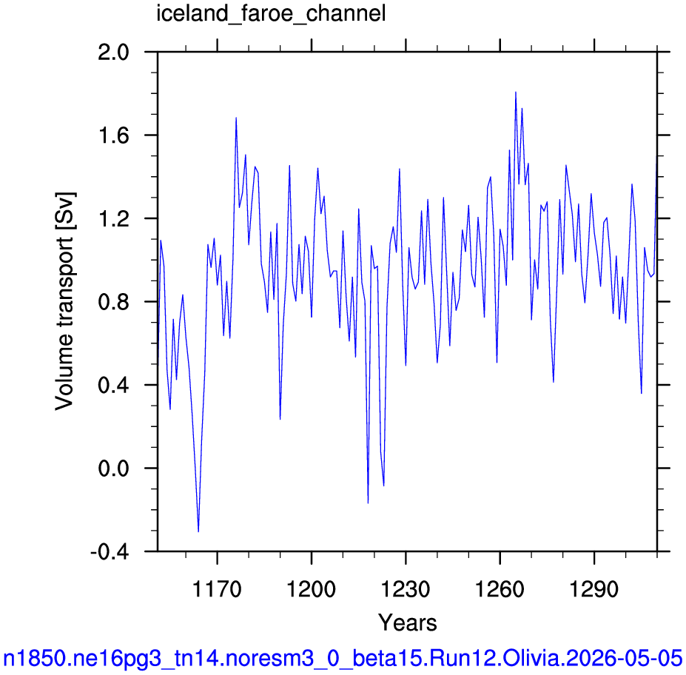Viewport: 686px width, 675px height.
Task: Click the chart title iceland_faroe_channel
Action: coord(271,14)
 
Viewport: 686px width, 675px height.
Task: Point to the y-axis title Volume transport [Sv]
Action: coord(64,301)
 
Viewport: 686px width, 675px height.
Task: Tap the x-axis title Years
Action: coord(407,622)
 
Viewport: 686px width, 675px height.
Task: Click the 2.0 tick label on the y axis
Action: coord(114,53)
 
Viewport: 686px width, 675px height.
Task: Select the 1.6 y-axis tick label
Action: coord(114,135)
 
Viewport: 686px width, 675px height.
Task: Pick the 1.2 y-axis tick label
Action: coord(114,219)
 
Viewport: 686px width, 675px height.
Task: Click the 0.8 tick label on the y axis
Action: coord(114,302)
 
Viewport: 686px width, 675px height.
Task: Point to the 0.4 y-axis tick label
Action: coord(114,385)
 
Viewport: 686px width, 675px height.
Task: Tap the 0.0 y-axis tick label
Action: coord(114,469)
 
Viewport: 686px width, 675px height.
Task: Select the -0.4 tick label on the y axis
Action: coord(110,552)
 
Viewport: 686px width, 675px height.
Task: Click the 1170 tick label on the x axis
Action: coord(217,589)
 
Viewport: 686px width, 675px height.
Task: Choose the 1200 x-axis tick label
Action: coord(311,589)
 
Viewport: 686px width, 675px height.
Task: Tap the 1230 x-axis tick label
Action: coord(406,589)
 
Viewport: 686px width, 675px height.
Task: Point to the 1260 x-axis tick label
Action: coord(500,589)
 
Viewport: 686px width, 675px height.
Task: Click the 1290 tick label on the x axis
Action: coord(594,589)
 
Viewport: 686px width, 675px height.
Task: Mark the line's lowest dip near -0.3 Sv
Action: coord(198,531)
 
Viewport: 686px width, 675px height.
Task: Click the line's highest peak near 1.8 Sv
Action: coord(516,92)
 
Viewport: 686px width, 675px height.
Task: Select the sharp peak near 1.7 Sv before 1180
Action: coord(236,118)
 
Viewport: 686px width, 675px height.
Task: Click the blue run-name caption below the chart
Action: coord(343,657)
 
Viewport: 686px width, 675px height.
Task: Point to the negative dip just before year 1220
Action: coord(368,503)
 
